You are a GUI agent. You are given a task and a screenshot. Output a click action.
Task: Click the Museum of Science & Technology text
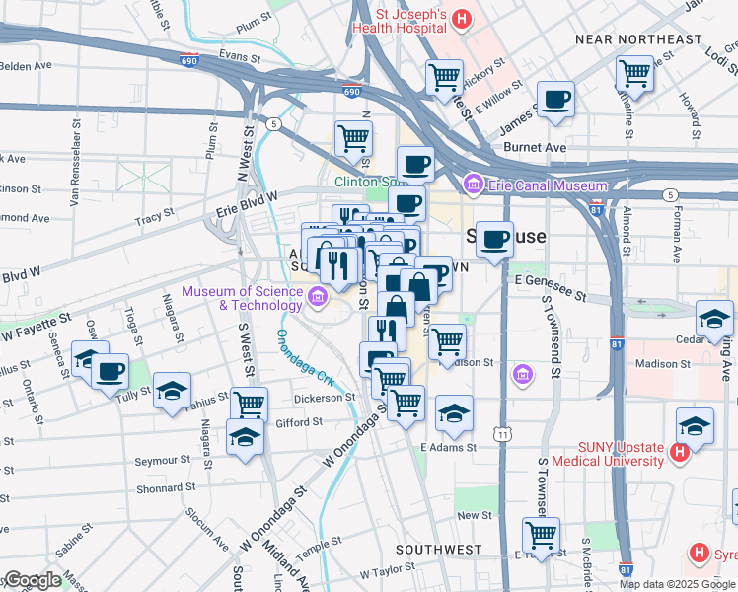[241, 297]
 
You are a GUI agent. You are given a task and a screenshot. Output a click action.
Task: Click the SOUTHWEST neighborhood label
[438, 549]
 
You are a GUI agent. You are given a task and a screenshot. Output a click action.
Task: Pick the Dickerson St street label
[324, 398]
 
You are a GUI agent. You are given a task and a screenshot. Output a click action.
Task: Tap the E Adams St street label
[448, 447]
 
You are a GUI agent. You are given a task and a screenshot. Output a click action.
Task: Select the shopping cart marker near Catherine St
[635, 72]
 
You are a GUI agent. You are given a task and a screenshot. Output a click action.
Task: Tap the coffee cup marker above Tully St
[110, 372]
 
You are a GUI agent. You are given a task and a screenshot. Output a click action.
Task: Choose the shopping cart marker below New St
[541, 535]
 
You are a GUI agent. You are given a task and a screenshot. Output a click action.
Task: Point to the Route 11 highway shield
[504, 433]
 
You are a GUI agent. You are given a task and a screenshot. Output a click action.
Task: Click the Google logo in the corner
[32, 580]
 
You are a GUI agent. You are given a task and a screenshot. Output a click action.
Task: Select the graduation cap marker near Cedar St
[714, 318]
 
